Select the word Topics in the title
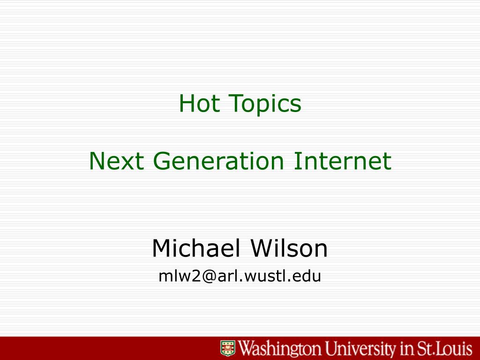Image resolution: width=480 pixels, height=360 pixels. pos(265,105)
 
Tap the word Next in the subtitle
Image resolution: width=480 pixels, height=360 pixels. pos(116,161)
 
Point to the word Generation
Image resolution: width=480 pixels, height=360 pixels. pos(218,161)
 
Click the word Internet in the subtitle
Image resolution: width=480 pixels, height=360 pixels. pos(343,161)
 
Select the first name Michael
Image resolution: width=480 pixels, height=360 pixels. pos(196,248)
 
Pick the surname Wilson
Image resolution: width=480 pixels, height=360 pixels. pos(289,248)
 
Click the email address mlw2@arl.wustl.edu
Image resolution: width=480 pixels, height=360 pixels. pos(240,276)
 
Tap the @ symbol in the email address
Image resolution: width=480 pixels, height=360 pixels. pos(209,277)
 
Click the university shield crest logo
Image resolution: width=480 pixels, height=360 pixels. pos(228,348)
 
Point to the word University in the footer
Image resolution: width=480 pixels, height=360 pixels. pos(360,349)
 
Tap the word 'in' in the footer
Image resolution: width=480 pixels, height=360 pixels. pos(406,348)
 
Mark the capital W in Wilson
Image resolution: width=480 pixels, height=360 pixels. pos(263,248)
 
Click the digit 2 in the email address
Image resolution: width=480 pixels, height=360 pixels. pos(196,276)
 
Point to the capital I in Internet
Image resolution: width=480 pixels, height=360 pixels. pos(296,161)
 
